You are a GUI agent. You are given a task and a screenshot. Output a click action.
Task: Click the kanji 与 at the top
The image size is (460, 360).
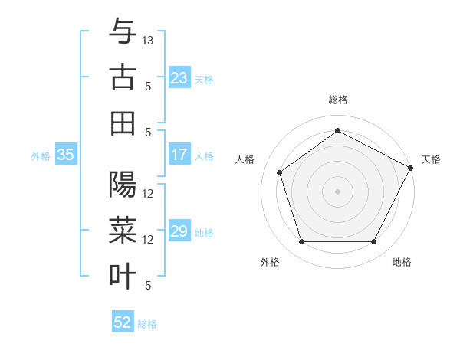[x=123, y=31]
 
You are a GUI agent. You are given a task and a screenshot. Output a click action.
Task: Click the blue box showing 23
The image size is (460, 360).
[x=179, y=77]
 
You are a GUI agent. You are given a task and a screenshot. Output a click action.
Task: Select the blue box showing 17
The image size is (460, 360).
[x=179, y=155]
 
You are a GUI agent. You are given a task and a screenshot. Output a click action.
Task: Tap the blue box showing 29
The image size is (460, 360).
[x=179, y=231]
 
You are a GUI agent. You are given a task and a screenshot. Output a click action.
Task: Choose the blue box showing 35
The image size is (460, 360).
[x=65, y=155]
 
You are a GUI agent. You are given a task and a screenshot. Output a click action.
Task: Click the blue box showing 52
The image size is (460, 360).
[x=123, y=322]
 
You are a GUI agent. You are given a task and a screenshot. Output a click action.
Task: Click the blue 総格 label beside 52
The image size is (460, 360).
[x=147, y=323]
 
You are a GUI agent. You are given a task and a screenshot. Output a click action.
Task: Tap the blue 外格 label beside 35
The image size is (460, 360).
[x=41, y=155]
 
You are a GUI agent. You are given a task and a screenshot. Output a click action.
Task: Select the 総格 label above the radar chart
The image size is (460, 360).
[x=338, y=100]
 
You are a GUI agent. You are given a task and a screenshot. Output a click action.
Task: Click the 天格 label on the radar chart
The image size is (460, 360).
[x=432, y=159]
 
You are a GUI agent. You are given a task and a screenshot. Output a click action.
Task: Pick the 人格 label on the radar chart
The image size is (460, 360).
[x=245, y=159]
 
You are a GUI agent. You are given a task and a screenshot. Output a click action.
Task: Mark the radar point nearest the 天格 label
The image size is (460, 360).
[x=412, y=167]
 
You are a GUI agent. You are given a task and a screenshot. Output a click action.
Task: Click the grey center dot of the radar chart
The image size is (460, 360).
[x=338, y=191]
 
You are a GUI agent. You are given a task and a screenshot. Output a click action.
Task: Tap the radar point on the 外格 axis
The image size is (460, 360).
[x=301, y=242]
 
